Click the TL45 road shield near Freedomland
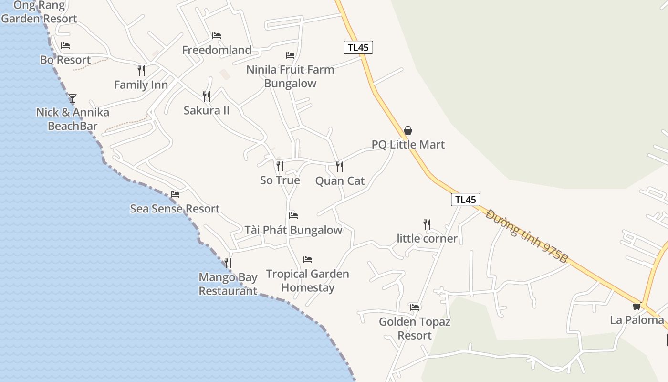(358, 47)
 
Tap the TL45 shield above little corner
(465, 200)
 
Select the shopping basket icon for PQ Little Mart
(408, 130)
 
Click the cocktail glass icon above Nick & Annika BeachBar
(73, 98)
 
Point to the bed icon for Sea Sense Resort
(175, 194)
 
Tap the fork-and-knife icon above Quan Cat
(339, 166)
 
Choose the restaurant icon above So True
(280, 166)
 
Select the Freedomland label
(217, 50)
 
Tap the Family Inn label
(141, 85)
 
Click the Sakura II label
(207, 110)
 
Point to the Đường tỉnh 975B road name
(527, 236)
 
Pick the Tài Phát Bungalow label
(293, 230)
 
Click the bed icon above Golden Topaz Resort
(415, 307)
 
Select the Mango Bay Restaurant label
(228, 284)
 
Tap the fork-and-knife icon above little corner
(427, 223)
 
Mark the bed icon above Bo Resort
(65, 46)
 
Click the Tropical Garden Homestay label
(308, 281)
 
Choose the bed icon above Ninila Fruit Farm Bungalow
(290, 55)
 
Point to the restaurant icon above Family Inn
(141, 71)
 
